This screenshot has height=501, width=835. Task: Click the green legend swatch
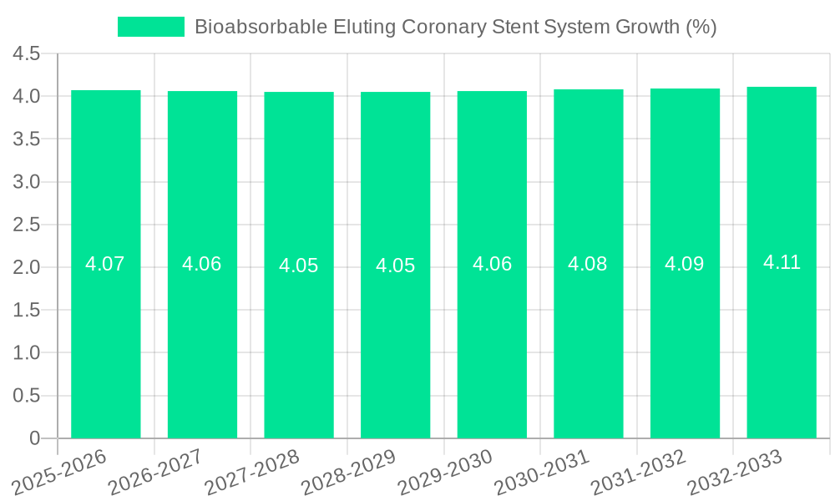click(151, 27)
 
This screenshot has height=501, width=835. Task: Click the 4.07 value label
click(105, 264)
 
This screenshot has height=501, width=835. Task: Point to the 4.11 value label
click(782, 262)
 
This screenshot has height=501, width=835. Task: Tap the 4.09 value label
click(685, 264)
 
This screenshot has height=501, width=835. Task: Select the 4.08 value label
click(588, 264)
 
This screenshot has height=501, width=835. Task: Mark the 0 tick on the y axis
click(34, 438)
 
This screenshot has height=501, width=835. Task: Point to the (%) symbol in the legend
click(701, 27)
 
